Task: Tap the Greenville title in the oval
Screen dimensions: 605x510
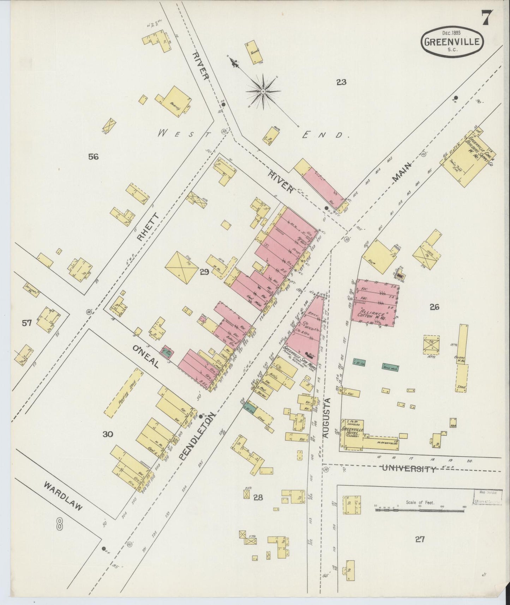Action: pyautogui.click(x=452, y=42)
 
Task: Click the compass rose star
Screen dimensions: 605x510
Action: pyautogui.click(x=263, y=91)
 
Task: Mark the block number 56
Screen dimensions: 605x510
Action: pyautogui.click(x=94, y=157)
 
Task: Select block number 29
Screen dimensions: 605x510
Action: pyautogui.click(x=204, y=271)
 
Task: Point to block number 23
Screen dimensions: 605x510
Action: pyautogui.click(x=341, y=82)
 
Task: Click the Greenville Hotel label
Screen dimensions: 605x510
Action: pyautogui.click(x=352, y=431)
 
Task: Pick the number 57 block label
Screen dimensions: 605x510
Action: pyautogui.click(x=27, y=322)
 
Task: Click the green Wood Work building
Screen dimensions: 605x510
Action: pyautogui.click(x=390, y=367)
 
